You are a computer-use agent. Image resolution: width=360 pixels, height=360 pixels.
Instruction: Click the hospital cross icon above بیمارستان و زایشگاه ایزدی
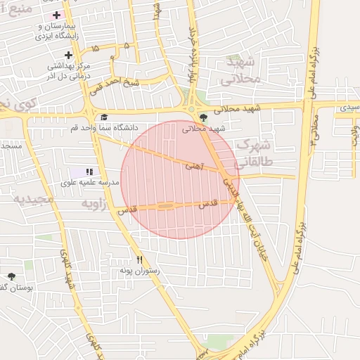(56, 15)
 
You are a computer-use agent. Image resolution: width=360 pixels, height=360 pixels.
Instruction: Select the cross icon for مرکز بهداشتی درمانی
(68, 55)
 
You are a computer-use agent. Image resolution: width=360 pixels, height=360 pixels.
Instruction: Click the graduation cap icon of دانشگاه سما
(104, 117)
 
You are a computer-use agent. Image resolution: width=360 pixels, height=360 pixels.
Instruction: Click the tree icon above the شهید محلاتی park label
(203, 117)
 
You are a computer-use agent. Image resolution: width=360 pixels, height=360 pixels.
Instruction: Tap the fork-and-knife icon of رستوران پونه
(139, 259)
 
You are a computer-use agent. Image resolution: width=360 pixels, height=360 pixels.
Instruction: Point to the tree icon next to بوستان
(11, 276)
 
